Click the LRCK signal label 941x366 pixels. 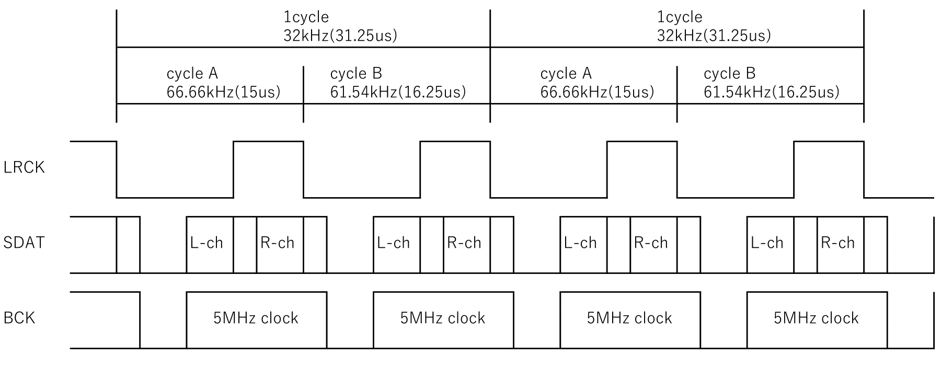click(x=24, y=168)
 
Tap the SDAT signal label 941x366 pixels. click(x=24, y=243)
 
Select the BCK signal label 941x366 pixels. click(x=19, y=318)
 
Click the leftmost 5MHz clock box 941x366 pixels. click(x=256, y=318)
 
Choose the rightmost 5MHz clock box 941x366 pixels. click(x=817, y=318)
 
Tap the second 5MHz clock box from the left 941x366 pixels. click(x=443, y=318)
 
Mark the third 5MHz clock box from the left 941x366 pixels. click(x=629, y=318)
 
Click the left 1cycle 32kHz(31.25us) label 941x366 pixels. click(x=340, y=27)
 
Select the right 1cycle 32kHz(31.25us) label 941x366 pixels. click(x=714, y=27)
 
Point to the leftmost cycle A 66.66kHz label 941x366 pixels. click(x=223, y=83)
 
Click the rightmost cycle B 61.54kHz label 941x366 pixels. click(x=771, y=83)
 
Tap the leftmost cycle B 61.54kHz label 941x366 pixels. click(x=397, y=83)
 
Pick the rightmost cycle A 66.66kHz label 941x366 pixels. click(x=597, y=83)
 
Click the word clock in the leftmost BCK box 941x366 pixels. click(x=280, y=318)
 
